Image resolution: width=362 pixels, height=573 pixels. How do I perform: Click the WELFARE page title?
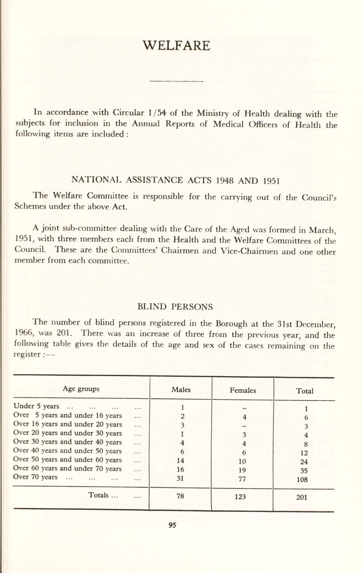click(x=181, y=46)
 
